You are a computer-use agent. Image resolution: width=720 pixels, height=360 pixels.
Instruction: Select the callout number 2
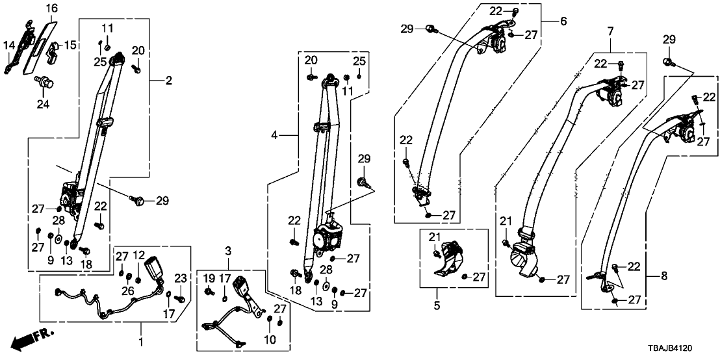click(x=168, y=81)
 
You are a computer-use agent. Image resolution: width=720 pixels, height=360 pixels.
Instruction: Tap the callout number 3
click(x=228, y=251)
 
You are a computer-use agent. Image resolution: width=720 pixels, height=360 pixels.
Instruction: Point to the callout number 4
click(x=275, y=136)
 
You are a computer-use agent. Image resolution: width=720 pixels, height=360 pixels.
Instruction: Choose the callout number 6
click(x=563, y=21)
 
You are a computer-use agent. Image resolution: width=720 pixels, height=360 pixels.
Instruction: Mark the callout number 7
click(x=610, y=31)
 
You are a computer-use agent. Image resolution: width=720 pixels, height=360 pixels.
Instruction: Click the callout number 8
click(x=663, y=276)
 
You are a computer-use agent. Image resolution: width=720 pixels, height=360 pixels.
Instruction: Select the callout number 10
click(x=270, y=339)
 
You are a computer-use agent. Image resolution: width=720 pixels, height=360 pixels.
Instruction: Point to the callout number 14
click(x=9, y=45)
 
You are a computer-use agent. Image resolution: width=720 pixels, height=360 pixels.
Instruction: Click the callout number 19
click(x=207, y=279)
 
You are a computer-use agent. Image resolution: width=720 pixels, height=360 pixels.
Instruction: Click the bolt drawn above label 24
click(x=44, y=82)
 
